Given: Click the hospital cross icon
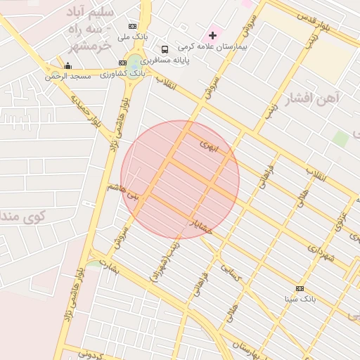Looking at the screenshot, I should pos(213,35).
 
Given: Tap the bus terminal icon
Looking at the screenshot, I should pos(165,49).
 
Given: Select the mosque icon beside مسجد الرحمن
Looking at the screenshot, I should pos(67,66).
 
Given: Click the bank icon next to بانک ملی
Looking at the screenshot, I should pos(134,26).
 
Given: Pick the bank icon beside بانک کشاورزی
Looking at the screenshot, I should pos(123,63).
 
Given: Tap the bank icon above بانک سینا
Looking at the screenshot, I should pos(300,288).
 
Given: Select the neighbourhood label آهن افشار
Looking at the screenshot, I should pos(314,97).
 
